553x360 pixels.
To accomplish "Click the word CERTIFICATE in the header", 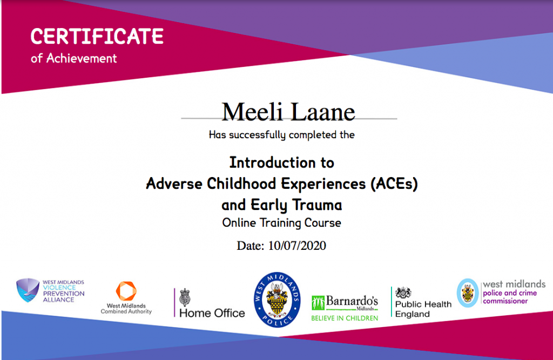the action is (x=97, y=36).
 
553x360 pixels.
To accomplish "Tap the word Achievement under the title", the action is (x=82, y=58).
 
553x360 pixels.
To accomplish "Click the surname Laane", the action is (x=323, y=112).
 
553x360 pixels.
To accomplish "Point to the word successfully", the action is (x=258, y=135).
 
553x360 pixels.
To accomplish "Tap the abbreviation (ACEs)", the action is (x=394, y=184).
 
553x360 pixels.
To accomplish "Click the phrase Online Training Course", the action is (x=282, y=223).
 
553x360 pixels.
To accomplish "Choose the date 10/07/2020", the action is (x=297, y=246).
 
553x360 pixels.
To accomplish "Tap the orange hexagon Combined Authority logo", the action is (x=126, y=291).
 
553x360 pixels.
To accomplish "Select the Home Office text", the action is (x=212, y=313).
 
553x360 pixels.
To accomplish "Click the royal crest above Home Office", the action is (x=185, y=297).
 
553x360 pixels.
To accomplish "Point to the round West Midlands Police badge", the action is (x=277, y=300).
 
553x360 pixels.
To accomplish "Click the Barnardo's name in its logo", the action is (x=352, y=301).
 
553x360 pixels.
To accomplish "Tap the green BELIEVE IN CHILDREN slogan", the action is (x=345, y=318).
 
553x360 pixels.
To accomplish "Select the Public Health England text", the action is (x=423, y=309).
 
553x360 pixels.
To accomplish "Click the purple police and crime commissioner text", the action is (x=510, y=297).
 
